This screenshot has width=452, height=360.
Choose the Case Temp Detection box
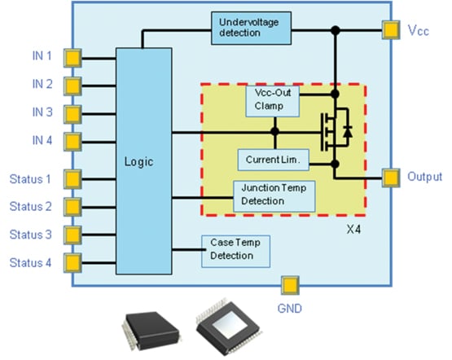[235, 249]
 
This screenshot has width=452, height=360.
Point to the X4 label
[354, 231]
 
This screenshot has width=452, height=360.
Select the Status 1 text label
[30, 178]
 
